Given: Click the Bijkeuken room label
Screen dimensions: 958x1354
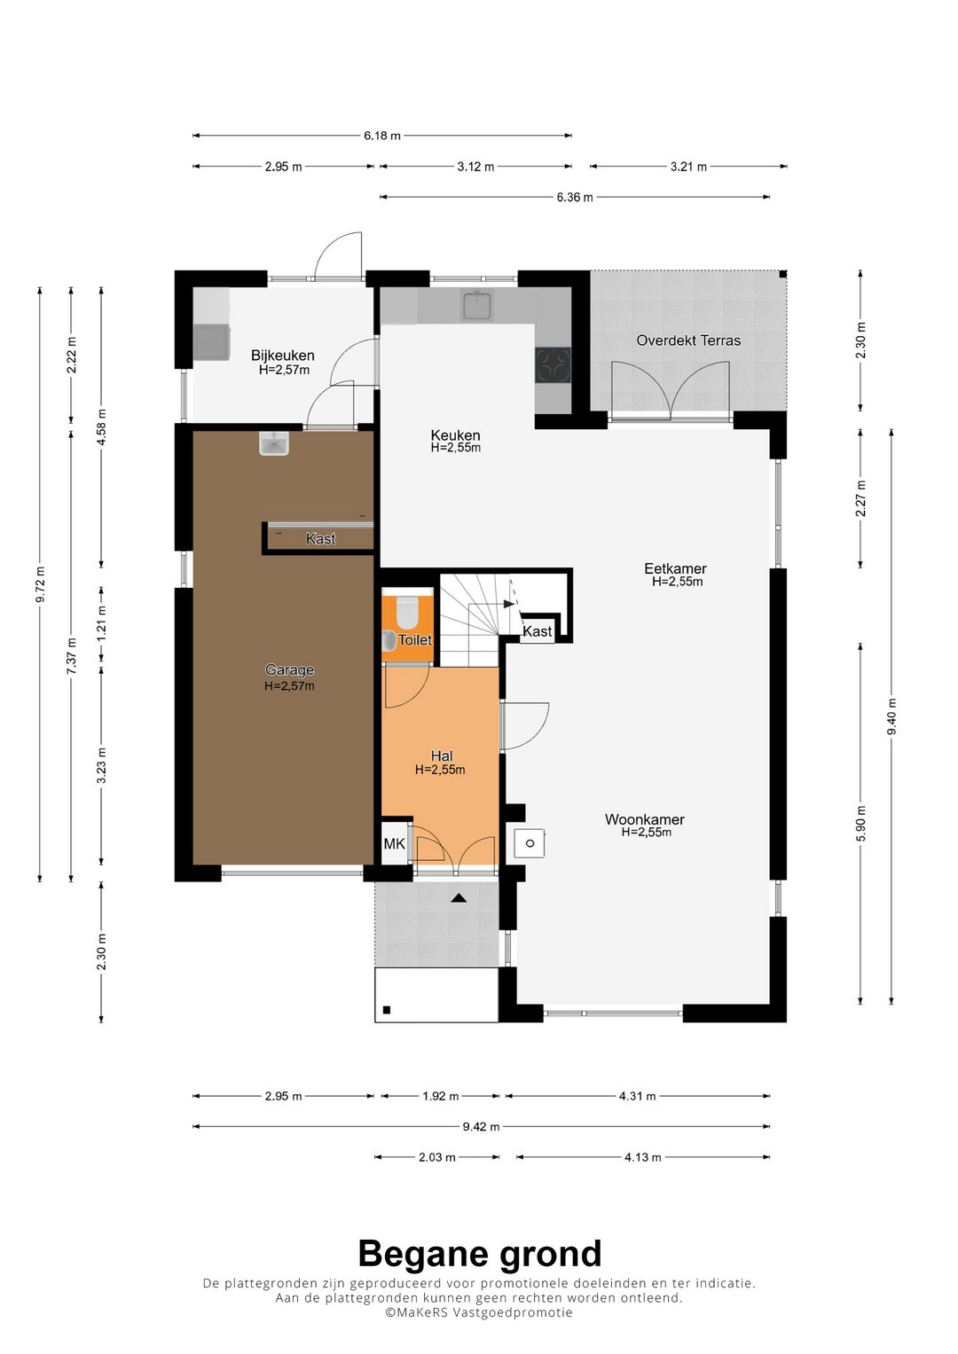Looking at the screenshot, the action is (x=282, y=356).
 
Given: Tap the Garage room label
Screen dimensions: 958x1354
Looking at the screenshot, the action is (x=289, y=669).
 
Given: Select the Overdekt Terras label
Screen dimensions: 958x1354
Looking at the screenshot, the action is (x=688, y=340).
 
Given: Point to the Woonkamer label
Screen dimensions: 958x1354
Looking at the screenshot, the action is (x=645, y=819).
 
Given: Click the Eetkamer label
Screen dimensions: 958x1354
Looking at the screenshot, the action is (x=675, y=568).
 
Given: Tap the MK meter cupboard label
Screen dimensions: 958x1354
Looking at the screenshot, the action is (x=395, y=843).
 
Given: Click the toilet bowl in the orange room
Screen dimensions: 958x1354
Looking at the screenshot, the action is (x=407, y=611).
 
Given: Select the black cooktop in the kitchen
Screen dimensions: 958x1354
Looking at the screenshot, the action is (x=553, y=364).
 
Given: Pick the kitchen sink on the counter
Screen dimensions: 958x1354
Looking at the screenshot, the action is (x=478, y=304).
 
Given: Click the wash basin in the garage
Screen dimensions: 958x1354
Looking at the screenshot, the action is (x=274, y=443).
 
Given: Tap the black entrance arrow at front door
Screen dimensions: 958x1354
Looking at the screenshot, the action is (x=459, y=898).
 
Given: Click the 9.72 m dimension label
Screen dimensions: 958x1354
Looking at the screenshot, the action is (x=40, y=584).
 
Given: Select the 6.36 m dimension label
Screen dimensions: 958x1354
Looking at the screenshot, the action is (x=575, y=197).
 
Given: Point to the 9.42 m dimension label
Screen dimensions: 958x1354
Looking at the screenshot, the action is (x=482, y=1127).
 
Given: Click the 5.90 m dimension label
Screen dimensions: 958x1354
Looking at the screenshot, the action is (x=861, y=823).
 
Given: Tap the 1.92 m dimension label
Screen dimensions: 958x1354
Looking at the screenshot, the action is (x=440, y=1096).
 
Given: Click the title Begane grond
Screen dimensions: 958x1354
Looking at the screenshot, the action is (x=480, y=1254).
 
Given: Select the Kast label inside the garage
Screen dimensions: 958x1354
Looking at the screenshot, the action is (x=320, y=538).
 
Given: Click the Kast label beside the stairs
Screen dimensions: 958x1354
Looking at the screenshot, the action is (x=537, y=631).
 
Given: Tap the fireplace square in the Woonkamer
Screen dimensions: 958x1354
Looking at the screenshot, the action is (x=530, y=843).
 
